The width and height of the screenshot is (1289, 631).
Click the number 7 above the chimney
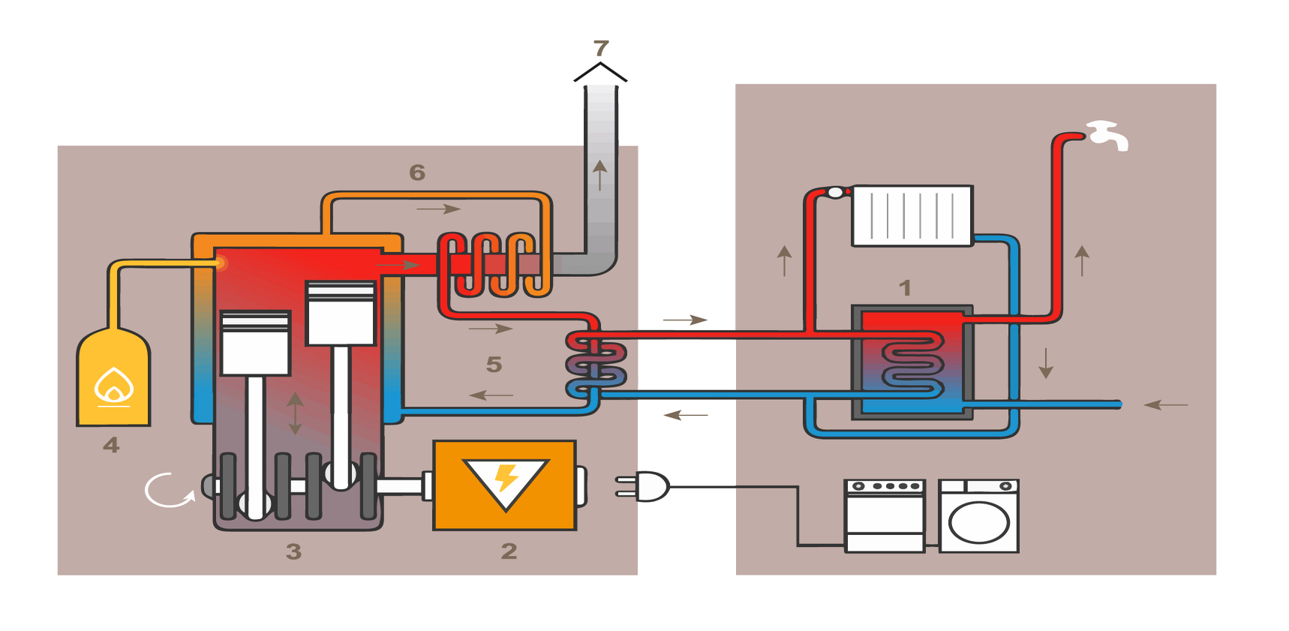click(601, 49)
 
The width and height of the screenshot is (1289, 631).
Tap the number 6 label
click(417, 173)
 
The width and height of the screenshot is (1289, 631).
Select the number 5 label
click(494, 365)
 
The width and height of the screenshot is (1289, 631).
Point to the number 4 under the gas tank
click(111, 445)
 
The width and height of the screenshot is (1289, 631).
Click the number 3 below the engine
click(293, 551)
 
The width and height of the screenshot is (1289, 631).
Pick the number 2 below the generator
click(509, 551)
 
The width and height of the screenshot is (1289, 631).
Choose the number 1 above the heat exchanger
click(905, 287)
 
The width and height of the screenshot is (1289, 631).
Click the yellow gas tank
click(114, 379)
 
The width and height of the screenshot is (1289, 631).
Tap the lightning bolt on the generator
click(506, 477)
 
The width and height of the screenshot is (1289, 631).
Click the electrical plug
click(645, 486)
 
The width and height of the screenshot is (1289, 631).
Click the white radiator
click(912, 216)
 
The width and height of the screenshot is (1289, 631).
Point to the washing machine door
click(979, 522)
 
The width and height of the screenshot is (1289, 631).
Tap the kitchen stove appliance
click(885, 516)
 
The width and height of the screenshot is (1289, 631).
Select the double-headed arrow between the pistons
click(296, 413)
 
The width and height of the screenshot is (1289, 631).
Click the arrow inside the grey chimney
click(599, 174)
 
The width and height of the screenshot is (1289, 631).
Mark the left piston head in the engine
click(256, 343)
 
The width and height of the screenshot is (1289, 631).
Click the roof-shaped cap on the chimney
click(600, 72)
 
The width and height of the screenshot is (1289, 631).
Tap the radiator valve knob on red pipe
click(835, 193)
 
